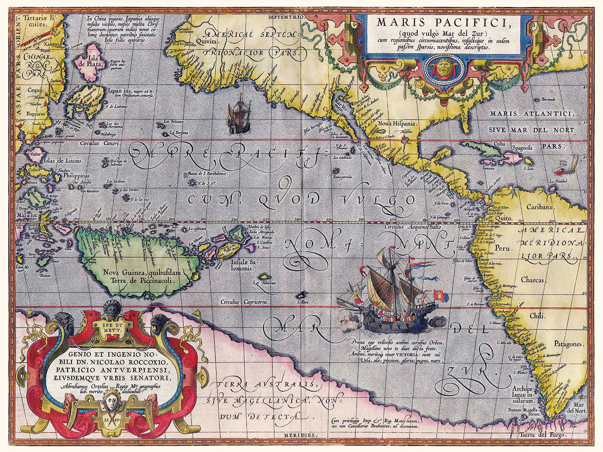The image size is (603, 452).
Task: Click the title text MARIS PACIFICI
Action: point(442,22)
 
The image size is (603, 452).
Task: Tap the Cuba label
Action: point(498,144)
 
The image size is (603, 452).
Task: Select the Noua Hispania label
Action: point(395,123)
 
